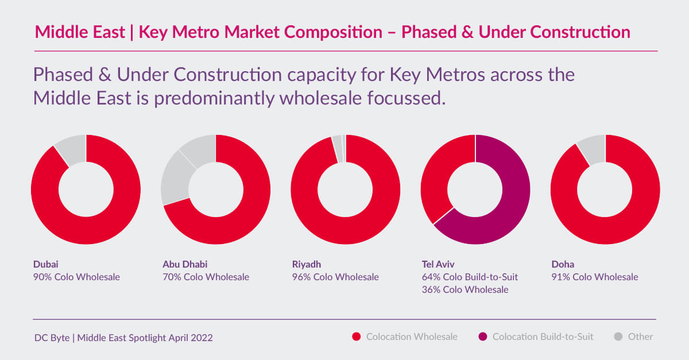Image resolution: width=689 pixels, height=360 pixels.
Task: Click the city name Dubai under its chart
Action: click(x=45, y=265)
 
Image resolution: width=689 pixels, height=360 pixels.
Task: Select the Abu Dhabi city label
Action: click(x=185, y=265)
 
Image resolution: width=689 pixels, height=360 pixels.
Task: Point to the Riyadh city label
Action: click(x=307, y=265)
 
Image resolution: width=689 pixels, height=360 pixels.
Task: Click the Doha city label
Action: click(x=562, y=265)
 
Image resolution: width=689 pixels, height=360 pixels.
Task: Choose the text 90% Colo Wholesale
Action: click(x=76, y=277)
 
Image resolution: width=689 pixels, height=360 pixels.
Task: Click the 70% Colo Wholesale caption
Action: click(x=206, y=277)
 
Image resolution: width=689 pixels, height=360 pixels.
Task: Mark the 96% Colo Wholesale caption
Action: click(x=335, y=277)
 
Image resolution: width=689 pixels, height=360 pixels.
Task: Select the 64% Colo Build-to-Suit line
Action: click(x=470, y=277)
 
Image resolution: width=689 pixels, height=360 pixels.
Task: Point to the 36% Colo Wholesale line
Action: click(x=465, y=290)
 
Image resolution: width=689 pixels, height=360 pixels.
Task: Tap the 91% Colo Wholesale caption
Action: click(x=594, y=277)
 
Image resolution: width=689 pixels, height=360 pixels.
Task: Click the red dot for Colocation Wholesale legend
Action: click(x=356, y=337)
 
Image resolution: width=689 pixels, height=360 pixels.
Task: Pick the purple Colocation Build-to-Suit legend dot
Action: click(x=482, y=337)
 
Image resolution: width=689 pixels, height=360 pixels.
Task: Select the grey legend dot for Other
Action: click(x=617, y=337)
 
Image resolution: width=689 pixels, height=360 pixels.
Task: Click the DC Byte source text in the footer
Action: click(x=123, y=338)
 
